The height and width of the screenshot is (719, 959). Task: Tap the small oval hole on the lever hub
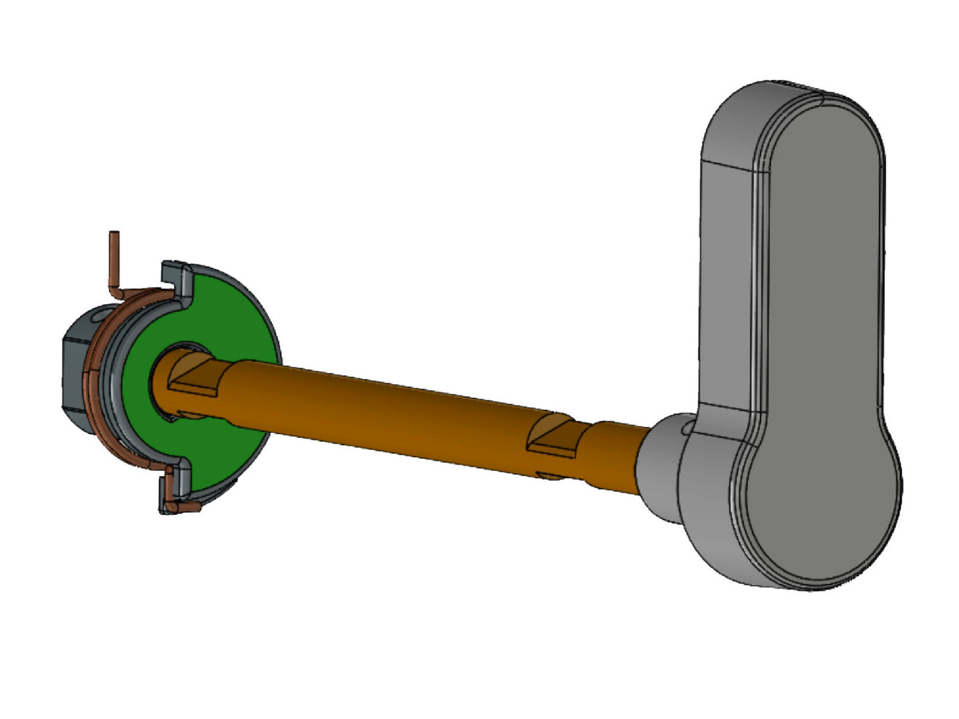coord(687,427)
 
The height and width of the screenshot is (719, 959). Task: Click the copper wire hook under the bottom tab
coord(183,507)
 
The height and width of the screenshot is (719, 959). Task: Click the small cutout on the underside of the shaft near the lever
coord(551,476)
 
